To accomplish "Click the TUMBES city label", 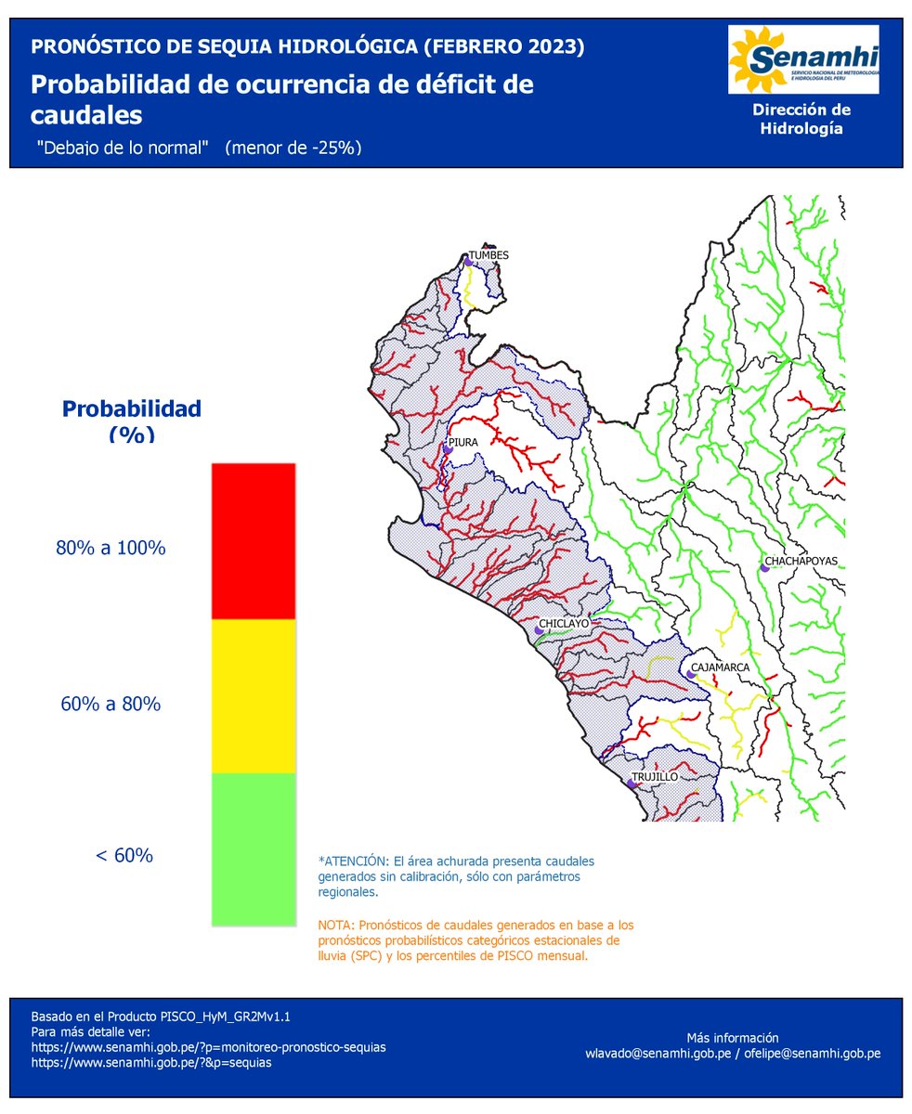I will pos(489,254).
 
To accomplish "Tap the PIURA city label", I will pos(463,443).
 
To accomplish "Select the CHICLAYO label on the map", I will pos(565,624).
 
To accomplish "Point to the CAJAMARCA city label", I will pos(719,667).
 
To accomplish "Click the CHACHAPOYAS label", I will pos(801,562).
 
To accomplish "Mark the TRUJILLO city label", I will pos(655,776).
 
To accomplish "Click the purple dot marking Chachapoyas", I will pos(762,566).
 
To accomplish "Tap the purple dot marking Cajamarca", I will pos(691,675).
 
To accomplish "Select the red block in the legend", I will pos(253,541).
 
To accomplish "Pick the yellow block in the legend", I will pos(253,695).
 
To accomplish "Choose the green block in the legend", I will pos(253,848).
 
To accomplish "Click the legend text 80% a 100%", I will pos(111,548).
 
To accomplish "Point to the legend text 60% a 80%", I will pos(111,704).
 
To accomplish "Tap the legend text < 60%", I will pos(124,855).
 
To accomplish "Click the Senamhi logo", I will pos(803,60).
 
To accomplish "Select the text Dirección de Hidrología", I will pos(801,119).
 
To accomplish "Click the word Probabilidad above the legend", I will pos(131,408).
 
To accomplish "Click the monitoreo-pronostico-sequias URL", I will pos(209,1046).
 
